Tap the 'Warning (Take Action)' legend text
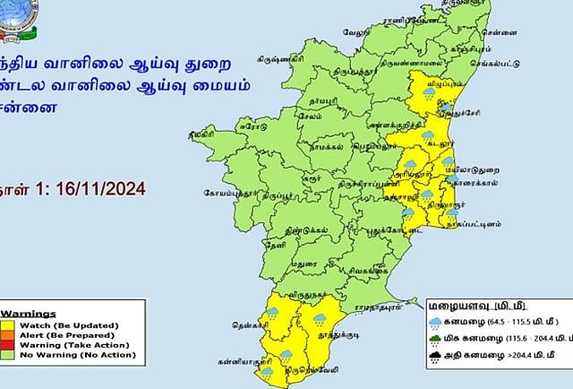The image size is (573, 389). coord(59,344)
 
